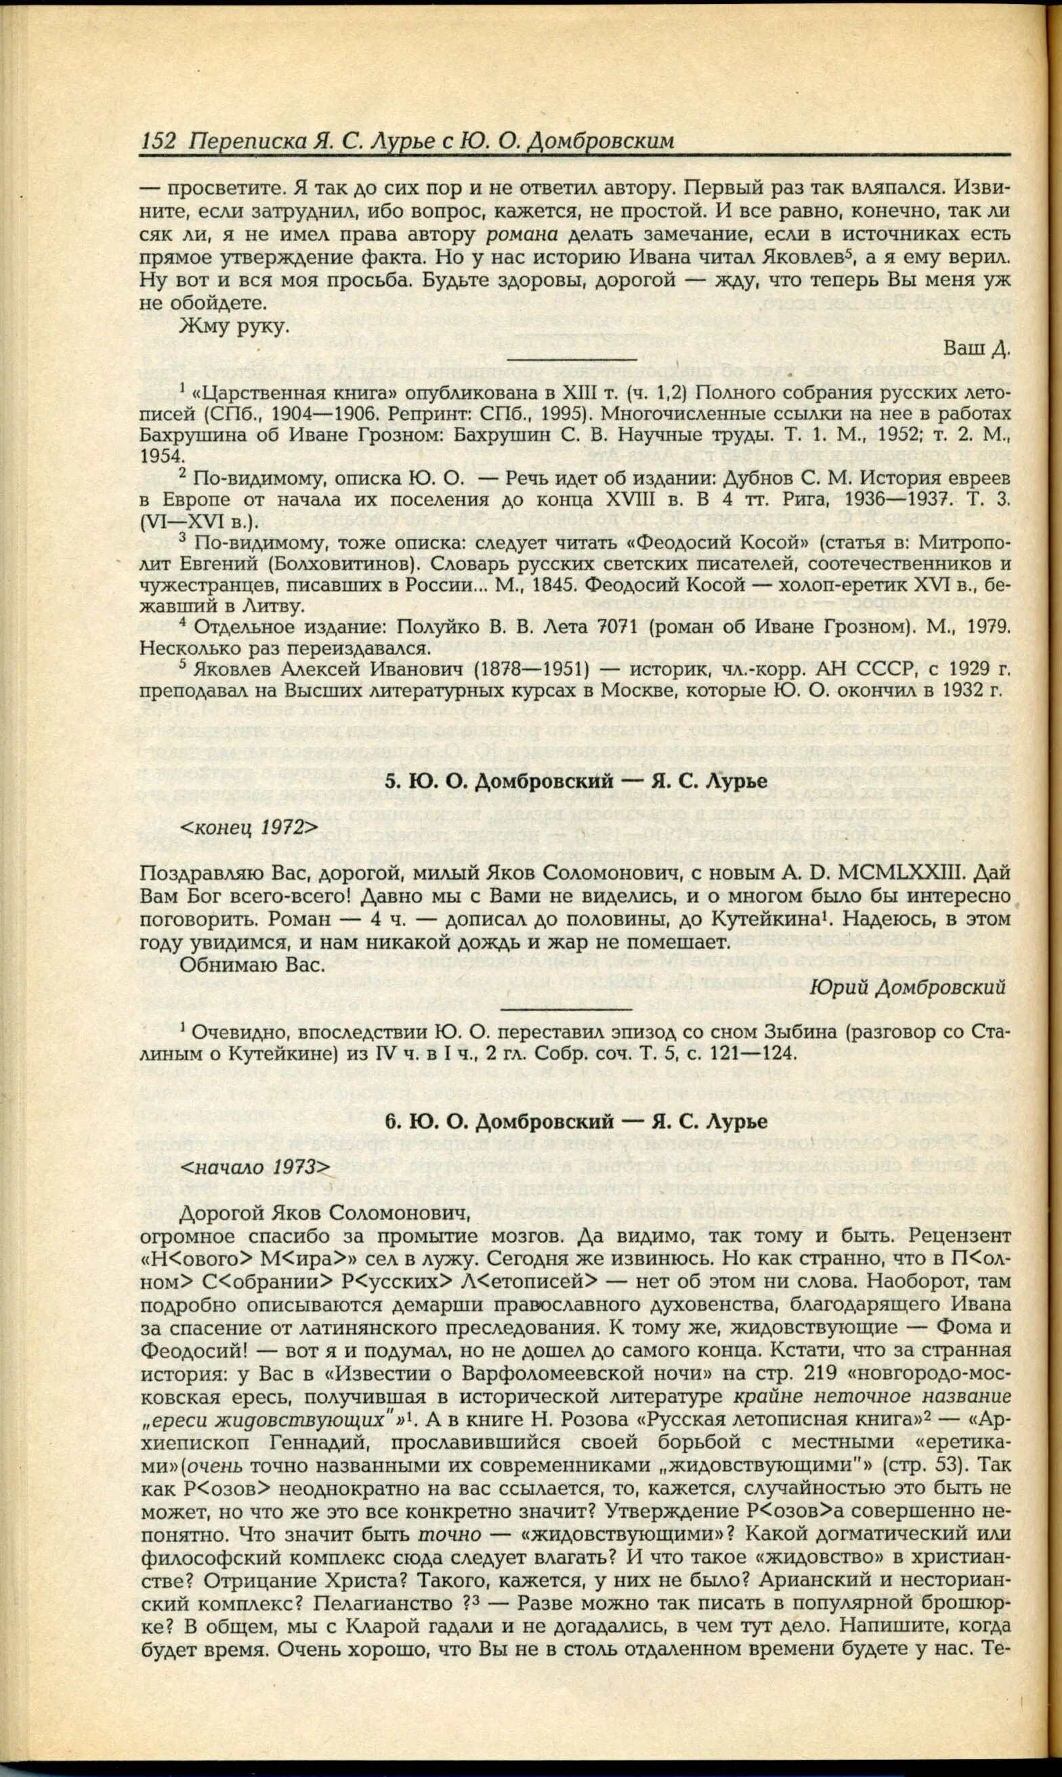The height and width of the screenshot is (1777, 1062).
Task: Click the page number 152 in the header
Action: click(x=158, y=140)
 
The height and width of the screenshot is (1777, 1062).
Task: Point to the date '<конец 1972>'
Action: click(x=248, y=827)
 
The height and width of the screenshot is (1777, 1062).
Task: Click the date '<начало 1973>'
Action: click(x=254, y=1167)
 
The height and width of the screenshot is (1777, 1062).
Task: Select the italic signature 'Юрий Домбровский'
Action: click(x=909, y=987)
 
